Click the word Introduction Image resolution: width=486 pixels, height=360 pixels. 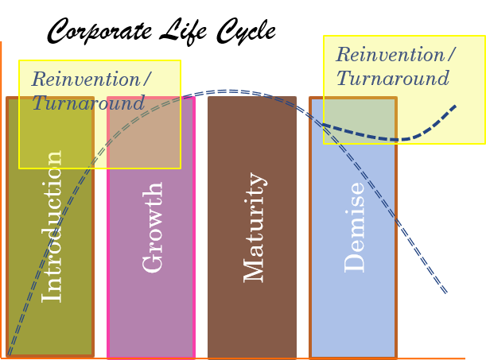coord(52,226)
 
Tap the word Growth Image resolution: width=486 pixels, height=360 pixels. coord(153,227)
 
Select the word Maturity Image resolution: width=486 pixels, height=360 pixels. coord(254,227)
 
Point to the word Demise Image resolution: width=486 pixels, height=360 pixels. coord(355,227)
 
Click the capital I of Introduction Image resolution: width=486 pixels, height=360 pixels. coord(52,295)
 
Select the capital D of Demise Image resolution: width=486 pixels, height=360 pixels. coord(355,263)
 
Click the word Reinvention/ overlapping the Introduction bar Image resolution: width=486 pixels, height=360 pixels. coord(91,79)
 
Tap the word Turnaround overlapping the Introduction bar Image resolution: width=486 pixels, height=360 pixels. coord(88,103)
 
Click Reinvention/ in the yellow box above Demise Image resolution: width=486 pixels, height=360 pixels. coord(395,55)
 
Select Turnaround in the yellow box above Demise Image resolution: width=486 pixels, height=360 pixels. coord(393,79)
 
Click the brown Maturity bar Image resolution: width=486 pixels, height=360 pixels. coord(252,318)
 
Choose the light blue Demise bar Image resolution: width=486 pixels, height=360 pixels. coord(353,318)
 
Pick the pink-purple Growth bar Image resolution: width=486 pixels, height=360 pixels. coord(151,318)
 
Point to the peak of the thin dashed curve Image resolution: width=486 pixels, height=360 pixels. coord(229,91)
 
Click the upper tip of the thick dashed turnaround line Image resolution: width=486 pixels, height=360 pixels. coord(455,106)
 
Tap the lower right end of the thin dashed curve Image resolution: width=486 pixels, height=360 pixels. coord(445,292)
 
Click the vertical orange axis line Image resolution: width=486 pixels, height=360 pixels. coord(1,199)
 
